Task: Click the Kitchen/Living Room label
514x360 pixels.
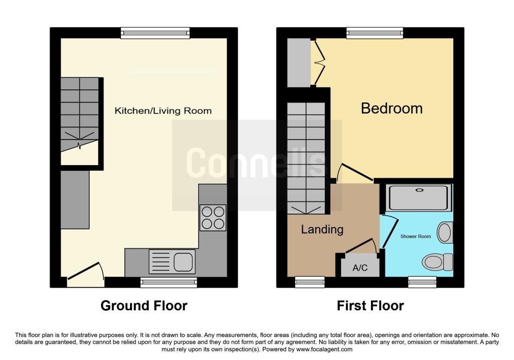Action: tap(163, 111)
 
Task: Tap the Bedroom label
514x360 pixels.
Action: tap(392, 108)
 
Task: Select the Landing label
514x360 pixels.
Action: tap(322, 229)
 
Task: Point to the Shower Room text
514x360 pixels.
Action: tap(415, 236)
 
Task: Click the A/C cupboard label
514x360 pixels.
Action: tap(360, 268)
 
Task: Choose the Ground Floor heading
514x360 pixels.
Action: tap(144, 306)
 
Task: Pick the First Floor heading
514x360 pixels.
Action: tap(370, 306)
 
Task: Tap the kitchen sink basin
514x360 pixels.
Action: tap(183, 262)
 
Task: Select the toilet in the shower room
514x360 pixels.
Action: tap(437, 262)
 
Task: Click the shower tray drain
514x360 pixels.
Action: tap(419, 190)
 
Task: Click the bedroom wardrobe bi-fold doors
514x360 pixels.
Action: tap(318, 62)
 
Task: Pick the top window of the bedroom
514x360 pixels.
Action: tap(375, 33)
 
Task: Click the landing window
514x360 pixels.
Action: tap(310, 282)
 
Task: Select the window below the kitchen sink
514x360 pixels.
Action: tap(169, 282)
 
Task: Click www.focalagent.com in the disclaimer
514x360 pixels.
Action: tap(324, 349)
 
